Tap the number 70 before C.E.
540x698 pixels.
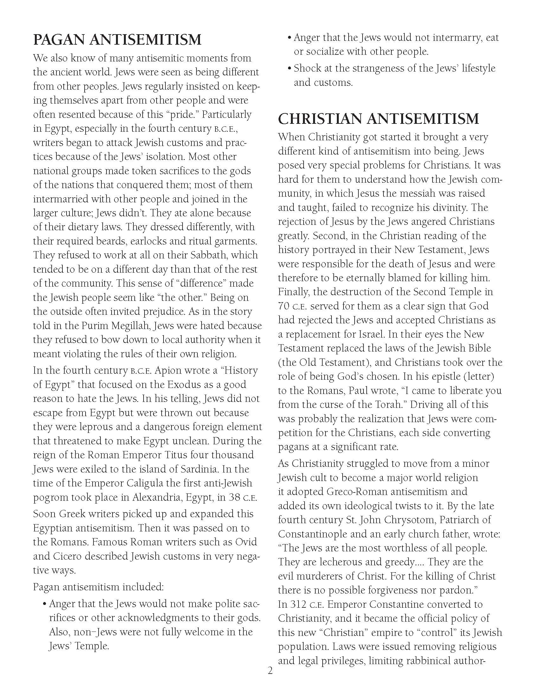coord(284,306)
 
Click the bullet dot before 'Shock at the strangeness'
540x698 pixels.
coord(290,69)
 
